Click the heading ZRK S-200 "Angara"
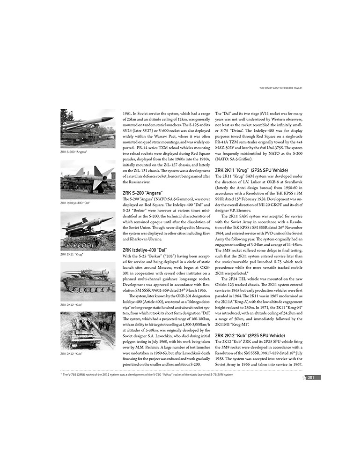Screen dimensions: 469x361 [143, 193]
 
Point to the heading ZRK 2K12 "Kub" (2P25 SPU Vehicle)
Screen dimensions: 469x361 [250, 335]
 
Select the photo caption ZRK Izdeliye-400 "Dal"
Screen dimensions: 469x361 [75, 203]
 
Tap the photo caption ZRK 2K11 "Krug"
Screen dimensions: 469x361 [72, 254]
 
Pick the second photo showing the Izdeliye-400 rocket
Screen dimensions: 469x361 [88, 180]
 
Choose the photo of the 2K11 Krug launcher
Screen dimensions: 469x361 [88, 231]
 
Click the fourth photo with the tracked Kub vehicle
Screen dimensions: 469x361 [88, 281]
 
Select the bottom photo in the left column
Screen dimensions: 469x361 [88, 330]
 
